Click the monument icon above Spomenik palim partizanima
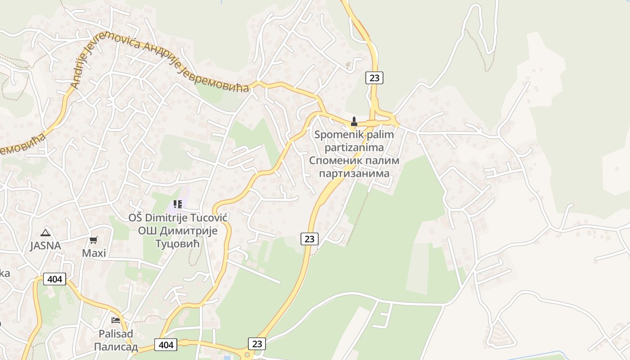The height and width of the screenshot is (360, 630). (354, 121)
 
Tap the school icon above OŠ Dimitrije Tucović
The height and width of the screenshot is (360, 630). (178, 204)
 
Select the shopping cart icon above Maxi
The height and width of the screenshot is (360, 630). (94, 240)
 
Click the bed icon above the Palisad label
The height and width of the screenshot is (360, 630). (116, 320)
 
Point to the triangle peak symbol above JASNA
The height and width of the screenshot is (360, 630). (45, 233)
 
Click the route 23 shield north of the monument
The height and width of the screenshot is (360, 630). (374, 78)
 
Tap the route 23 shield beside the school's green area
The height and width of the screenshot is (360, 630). (310, 238)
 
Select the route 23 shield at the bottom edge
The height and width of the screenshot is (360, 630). (257, 344)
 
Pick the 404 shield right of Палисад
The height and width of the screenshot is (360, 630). (166, 345)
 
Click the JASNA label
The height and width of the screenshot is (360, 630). (45, 246)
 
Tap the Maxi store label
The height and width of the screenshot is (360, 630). (94, 253)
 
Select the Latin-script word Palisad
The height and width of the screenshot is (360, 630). (116, 334)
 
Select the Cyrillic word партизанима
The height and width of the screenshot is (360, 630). (354, 173)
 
